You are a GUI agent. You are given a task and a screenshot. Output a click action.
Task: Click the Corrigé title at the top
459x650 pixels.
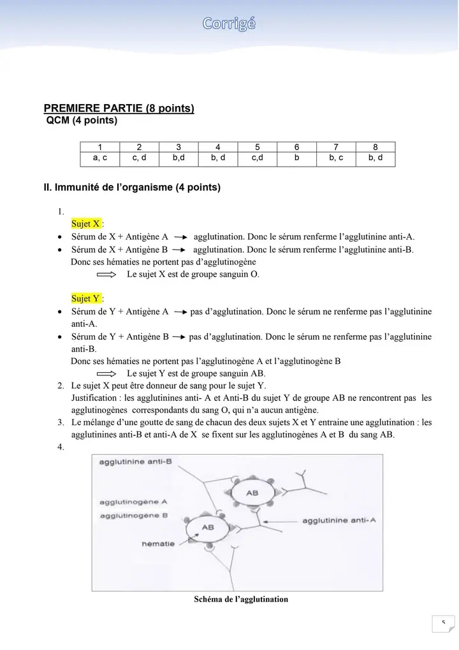click(x=229, y=24)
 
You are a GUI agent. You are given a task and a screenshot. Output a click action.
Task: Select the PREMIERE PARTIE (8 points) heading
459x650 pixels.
click(x=119, y=109)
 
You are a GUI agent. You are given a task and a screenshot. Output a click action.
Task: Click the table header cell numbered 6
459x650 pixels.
click(x=296, y=147)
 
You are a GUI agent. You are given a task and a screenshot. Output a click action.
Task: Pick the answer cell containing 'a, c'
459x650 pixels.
click(x=100, y=157)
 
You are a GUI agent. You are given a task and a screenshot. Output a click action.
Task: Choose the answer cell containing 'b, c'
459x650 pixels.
click(x=336, y=157)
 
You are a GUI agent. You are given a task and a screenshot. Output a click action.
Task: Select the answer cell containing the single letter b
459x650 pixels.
click(x=296, y=157)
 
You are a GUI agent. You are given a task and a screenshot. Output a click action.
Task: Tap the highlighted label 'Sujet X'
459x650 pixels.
click(x=86, y=224)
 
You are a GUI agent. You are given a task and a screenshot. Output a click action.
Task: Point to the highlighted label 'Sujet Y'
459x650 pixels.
click(x=86, y=298)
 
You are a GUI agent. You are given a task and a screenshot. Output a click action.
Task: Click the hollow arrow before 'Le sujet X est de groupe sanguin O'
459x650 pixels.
click(x=106, y=275)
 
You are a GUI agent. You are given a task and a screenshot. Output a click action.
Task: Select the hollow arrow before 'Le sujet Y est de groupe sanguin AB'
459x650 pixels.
click(x=106, y=374)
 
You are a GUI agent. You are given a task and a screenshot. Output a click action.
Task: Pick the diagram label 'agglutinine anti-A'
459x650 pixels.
click(x=339, y=521)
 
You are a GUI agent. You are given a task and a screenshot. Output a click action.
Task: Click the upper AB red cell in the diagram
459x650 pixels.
click(x=252, y=494)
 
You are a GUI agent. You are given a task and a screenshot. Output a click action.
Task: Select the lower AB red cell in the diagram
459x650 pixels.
click(x=208, y=529)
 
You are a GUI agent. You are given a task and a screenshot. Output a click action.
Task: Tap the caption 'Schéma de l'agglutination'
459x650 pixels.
click(x=240, y=600)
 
